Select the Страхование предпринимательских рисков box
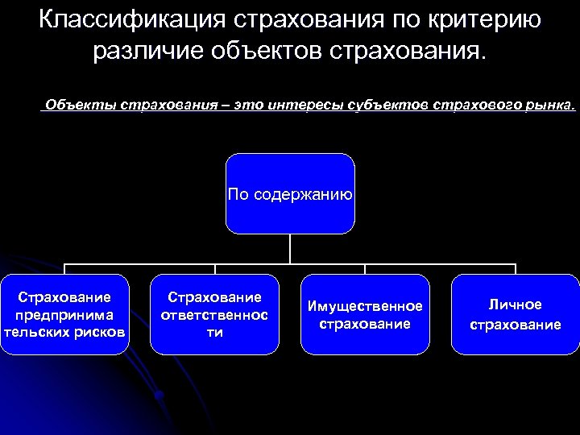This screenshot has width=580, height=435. pos(64,314)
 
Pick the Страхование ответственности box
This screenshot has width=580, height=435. pos(214,314)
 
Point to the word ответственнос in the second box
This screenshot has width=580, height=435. pos(214,315)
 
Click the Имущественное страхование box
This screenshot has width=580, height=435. pos(365,314)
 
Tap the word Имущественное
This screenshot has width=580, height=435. pos(365,307)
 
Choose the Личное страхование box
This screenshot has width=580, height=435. pos(516,314)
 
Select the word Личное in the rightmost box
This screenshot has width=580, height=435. pos(516,304)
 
